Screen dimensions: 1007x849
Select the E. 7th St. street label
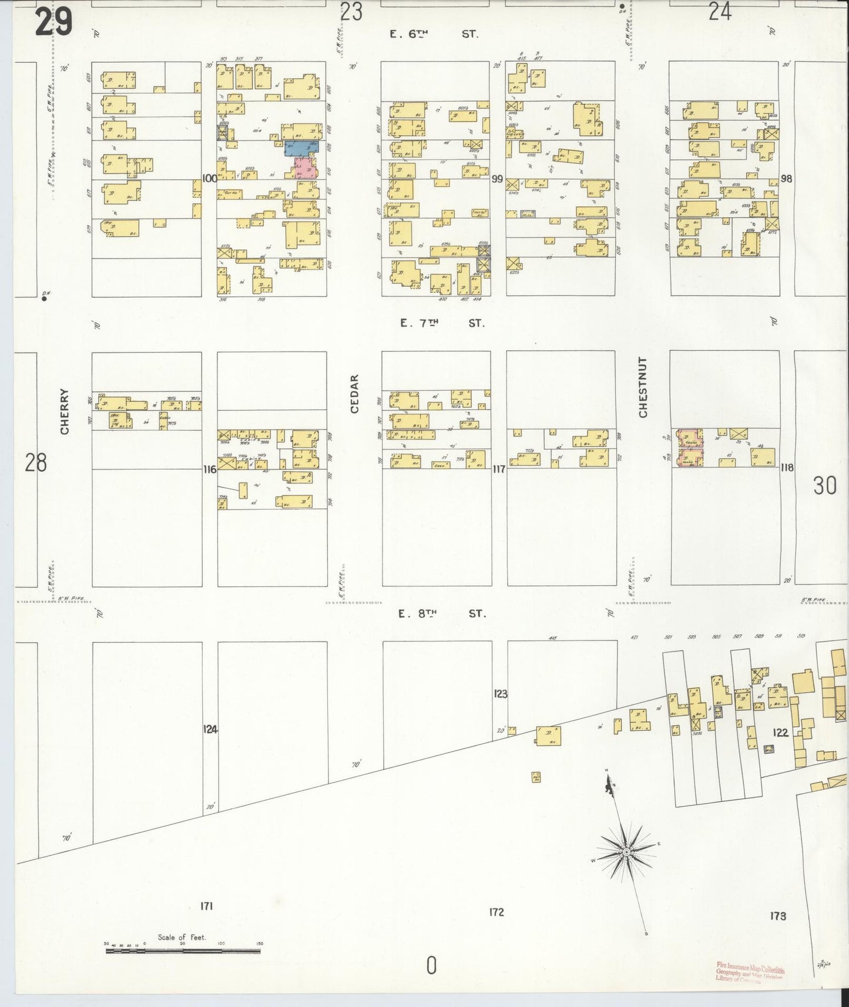coord(442,323)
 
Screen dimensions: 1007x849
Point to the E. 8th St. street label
coord(442,614)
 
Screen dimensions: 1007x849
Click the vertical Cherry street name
coord(65,411)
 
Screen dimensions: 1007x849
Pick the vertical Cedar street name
coord(354,394)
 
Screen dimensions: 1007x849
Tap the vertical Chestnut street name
coord(643,387)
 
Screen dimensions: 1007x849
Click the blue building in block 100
coord(302,148)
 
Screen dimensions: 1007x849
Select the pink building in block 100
coord(305,167)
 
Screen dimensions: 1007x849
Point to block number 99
coord(498,179)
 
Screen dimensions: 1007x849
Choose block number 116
coord(209,469)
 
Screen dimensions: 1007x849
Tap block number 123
coord(500,694)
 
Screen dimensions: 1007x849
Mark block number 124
coord(210,729)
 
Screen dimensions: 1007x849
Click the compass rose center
coord(627,852)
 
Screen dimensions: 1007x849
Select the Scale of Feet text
coord(182,937)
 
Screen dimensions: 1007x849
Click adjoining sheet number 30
coord(824,486)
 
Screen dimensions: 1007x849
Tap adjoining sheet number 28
coord(35,464)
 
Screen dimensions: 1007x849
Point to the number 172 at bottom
coord(496,912)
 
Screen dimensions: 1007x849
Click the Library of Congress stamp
coord(750,972)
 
